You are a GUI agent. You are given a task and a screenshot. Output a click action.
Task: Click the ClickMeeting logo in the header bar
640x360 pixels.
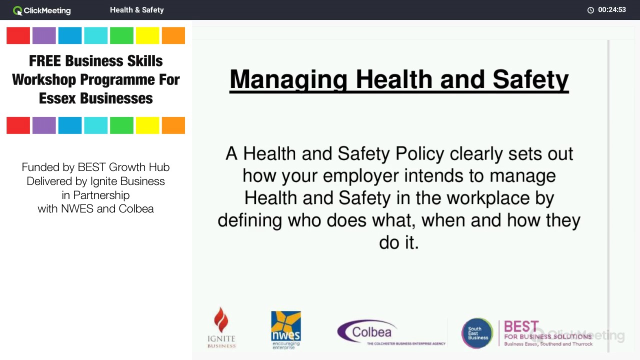[x=41, y=10]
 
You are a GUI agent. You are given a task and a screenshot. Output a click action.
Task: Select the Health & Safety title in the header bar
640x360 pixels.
[x=136, y=10]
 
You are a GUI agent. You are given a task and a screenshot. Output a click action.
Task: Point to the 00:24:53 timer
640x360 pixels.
[x=611, y=10]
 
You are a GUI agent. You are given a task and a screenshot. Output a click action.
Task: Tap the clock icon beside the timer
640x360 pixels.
[x=590, y=10]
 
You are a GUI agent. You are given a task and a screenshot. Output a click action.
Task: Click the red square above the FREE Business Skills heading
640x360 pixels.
[x=18, y=35]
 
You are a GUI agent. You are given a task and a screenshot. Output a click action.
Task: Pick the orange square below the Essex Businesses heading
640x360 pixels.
[x=173, y=125]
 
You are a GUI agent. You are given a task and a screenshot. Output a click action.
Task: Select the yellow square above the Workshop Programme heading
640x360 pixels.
[x=147, y=35]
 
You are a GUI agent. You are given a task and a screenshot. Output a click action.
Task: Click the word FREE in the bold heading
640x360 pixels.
[x=44, y=61]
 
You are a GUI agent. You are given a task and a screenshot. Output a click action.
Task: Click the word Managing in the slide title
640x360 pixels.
[x=288, y=80]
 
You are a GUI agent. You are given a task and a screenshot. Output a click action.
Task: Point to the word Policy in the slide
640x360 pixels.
[x=420, y=153]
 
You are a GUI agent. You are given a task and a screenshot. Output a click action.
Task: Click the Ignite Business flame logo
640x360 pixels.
[x=221, y=327]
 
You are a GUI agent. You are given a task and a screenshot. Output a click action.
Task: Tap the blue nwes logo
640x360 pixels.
[x=286, y=327]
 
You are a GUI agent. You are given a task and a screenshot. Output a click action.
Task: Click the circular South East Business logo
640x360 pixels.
[x=477, y=333]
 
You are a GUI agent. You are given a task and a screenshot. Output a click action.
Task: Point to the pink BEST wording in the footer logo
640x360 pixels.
[x=521, y=326]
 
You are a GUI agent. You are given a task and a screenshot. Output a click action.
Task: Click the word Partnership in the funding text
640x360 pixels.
[x=101, y=195]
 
